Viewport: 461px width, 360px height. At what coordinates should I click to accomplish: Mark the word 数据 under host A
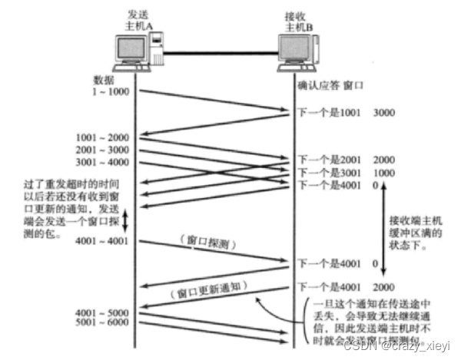[x=104, y=80]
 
